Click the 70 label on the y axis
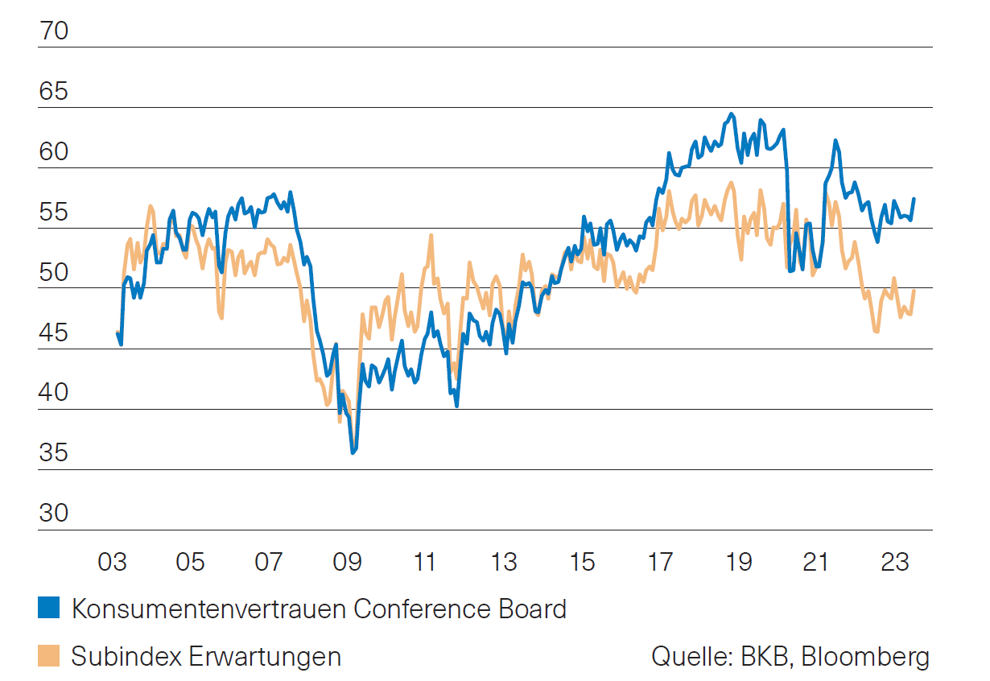[54, 31]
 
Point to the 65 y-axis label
[54, 93]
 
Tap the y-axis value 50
[54, 273]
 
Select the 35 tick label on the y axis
[54, 454]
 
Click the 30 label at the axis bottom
[54, 514]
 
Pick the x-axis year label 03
[113, 561]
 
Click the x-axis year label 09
[347, 561]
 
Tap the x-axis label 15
[582, 561]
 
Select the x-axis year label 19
[738, 561]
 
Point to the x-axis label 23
[894, 561]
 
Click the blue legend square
[48, 608]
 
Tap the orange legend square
[48, 656]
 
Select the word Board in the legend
[532, 609]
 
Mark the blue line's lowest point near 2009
[353, 453]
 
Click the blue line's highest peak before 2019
[731, 114]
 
